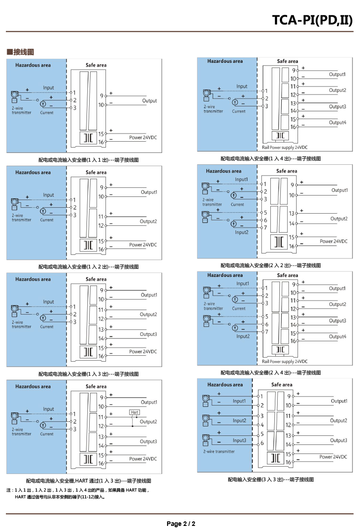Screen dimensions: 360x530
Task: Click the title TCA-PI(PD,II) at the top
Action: pyautogui.click(x=312, y=20)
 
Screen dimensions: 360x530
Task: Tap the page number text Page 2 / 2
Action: pyautogui.click(x=181, y=524)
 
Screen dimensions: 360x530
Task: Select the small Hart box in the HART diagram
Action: pyautogui.click(x=134, y=412)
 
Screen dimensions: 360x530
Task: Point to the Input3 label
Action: pyautogui.click(x=240, y=440)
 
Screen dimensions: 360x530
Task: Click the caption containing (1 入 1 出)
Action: pyautogui.click(x=89, y=160)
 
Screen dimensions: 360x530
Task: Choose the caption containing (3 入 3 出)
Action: pyautogui.click(x=271, y=479)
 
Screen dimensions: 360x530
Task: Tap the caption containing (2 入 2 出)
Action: pyautogui.click(x=271, y=265)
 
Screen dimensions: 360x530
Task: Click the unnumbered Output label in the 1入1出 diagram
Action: pyautogui.click(x=149, y=101)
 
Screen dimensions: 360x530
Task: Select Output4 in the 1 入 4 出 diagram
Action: pyautogui.click(x=338, y=122)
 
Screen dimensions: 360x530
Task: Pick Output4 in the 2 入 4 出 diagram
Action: pyautogui.click(x=338, y=336)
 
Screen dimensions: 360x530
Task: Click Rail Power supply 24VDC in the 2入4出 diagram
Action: pyautogui.click(x=285, y=361)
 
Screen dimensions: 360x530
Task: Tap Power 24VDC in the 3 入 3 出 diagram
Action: pyautogui.click(x=333, y=457)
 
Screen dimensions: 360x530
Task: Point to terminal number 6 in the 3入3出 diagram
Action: pyautogui.click(x=262, y=443)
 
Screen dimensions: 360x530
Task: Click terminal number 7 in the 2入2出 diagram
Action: pyautogui.click(x=265, y=228)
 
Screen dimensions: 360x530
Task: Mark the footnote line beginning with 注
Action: pyautogui.click(x=77, y=490)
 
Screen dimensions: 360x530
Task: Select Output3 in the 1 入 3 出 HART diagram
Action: pyautogui.click(x=149, y=441)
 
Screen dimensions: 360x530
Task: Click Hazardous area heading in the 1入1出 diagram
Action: pyautogui.click(x=33, y=65)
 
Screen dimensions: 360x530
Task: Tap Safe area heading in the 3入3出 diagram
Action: pyautogui.click(x=282, y=385)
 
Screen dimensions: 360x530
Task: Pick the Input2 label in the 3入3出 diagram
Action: pyautogui.click(x=240, y=420)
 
